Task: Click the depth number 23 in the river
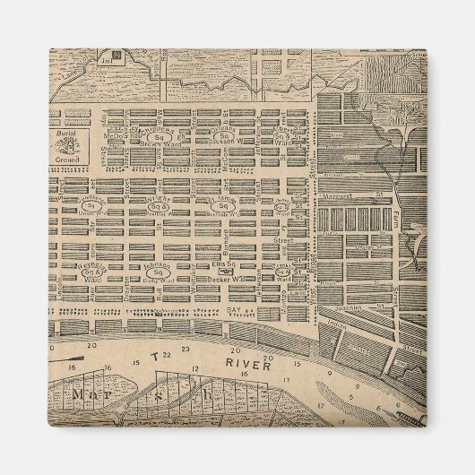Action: [185, 347]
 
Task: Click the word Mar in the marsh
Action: [92, 394]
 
